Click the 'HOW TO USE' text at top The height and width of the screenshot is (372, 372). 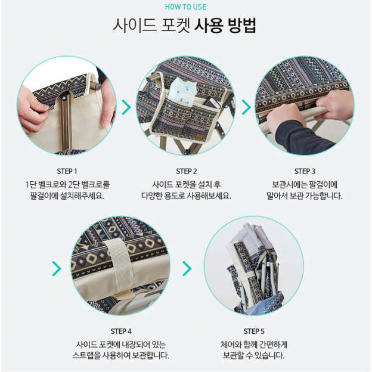(185, 7)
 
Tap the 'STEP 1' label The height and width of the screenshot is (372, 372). (67, 171)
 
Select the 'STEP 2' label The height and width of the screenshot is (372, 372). (186, 171)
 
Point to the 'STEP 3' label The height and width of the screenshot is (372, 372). (305, 171)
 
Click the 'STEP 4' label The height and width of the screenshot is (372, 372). (121, 331)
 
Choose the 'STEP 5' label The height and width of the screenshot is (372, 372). (254, 331)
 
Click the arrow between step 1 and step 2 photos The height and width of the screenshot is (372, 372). (126, 107)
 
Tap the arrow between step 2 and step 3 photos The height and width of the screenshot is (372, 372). (246, 107)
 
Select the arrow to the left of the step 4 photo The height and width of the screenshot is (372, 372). (57, 268)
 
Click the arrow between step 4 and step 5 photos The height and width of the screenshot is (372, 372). (187, 268)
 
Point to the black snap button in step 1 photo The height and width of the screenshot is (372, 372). (64, 97)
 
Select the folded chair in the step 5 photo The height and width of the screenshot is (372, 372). (255, 267)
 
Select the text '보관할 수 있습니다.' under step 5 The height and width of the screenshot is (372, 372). (254, 355)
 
